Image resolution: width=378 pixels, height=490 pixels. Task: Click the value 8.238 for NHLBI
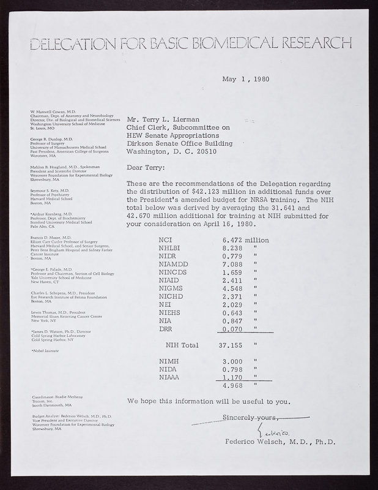(223, 249)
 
